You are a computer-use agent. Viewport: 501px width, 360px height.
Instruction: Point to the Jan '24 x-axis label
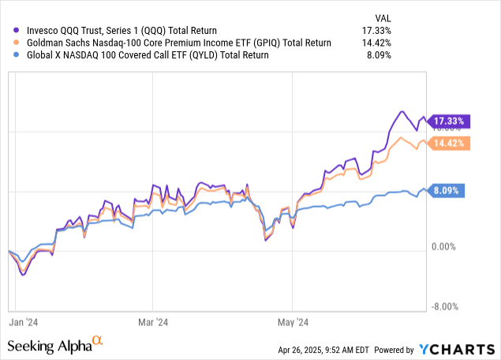point(29,321)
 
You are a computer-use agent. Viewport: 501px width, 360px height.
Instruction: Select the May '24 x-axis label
point(292,321)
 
